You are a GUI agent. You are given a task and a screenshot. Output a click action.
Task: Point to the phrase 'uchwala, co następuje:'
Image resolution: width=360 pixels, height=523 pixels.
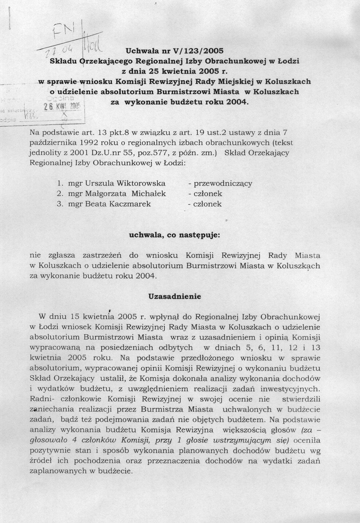tap(175, 235)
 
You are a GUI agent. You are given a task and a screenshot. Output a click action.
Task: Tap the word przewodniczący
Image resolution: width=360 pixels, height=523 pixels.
tap(223, 183)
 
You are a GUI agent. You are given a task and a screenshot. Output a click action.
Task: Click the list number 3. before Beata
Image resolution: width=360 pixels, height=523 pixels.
tap(59, 204)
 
